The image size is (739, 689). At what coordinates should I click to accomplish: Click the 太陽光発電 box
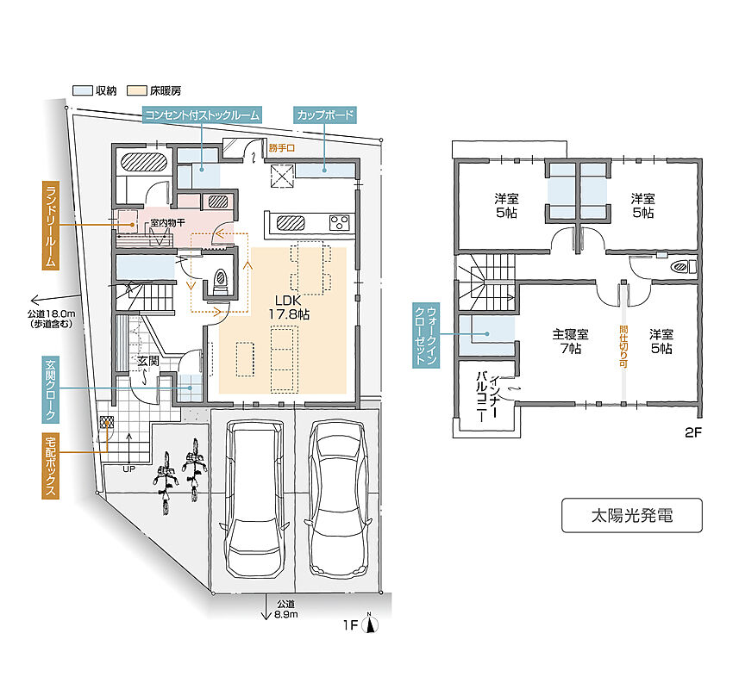[x=631, y=515]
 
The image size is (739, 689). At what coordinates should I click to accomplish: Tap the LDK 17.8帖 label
[x=288, y=307]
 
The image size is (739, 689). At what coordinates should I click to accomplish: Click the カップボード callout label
[x=325, y=115]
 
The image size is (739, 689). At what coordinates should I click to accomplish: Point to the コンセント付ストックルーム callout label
[x=202, y=115]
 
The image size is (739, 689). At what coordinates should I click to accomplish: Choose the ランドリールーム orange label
[x=50, y=226]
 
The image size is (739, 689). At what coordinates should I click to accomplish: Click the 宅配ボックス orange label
[x=50, y=466]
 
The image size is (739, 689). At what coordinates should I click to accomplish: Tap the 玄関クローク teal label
[x=50, y=389]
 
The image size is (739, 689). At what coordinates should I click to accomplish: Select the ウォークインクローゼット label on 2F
[x=426, y=335]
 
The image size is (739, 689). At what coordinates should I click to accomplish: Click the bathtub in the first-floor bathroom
[x=144, y=162]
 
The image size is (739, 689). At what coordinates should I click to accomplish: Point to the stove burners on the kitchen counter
[x=340, y=222]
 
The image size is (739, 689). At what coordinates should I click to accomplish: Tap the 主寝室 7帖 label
[x=570, y=341]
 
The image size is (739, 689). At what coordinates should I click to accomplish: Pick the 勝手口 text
[x=282, y=148]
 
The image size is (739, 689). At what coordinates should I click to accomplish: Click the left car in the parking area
[x=255, y=499]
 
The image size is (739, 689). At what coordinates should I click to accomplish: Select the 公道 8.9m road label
[x=286, y=609]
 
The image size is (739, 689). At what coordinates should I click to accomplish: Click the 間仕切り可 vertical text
[x=623, y=347]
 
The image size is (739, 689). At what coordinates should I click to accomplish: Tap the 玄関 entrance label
[x=148, y=361]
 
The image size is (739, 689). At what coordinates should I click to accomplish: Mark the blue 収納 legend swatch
[x=82, y=90]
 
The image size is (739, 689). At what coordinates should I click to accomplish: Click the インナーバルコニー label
[x=488, y=396]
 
